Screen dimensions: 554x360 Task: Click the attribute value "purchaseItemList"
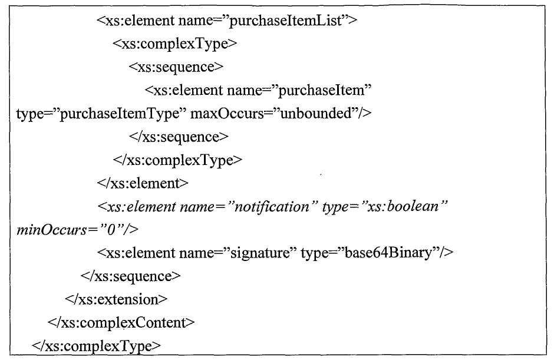pyautogui.click(x=287, y=21)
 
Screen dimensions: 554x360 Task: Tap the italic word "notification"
pyautogui.click(x=272, y=207)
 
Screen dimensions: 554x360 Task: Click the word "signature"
pyautogui.click(x=260, y=253)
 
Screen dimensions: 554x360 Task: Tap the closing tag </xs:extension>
pyautogui.click(x=116, y=299)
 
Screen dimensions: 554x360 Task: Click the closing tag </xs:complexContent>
pyautogui.click(x=121, y=323)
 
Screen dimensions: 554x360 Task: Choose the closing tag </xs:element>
pyautogui.click(x=143, y=183)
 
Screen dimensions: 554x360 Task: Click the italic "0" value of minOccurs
pyautogui.click(x=111, y=230)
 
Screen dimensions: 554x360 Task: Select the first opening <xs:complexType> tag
pyautogui.click(x=175, y=44)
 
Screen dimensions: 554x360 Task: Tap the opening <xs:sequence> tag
pyautogui.click(x=176, y=67)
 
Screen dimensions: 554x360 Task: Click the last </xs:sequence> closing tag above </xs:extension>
pyautogui.click(x=130, y=276)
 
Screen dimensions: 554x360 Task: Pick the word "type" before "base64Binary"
pyautogui.click(x=314, y=253)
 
